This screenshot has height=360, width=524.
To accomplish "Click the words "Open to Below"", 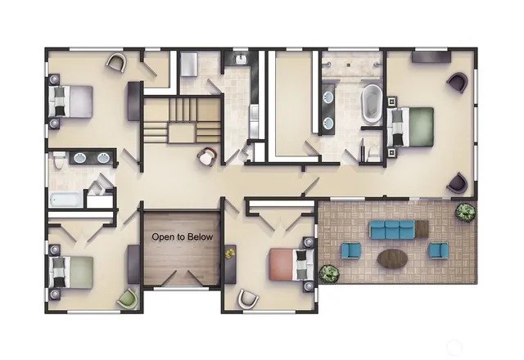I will coord(182,237).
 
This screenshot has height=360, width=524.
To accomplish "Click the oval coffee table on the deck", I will coord(394,259).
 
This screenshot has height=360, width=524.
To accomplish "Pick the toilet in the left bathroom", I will coord(56,162).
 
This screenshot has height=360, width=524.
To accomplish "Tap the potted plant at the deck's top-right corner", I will coord(465,213).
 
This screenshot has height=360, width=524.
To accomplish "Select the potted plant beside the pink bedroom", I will coord(329,272).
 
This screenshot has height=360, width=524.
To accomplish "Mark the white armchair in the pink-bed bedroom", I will coord(247,299).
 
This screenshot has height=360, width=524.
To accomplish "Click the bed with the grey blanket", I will coord(70,102).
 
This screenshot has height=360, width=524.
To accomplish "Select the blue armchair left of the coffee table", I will coord(351,251).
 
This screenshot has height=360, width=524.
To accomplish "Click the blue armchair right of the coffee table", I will coord(438,250).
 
